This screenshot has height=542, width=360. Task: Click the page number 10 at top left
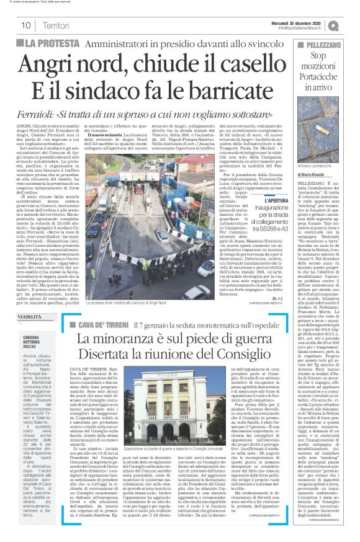click(26, 25)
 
